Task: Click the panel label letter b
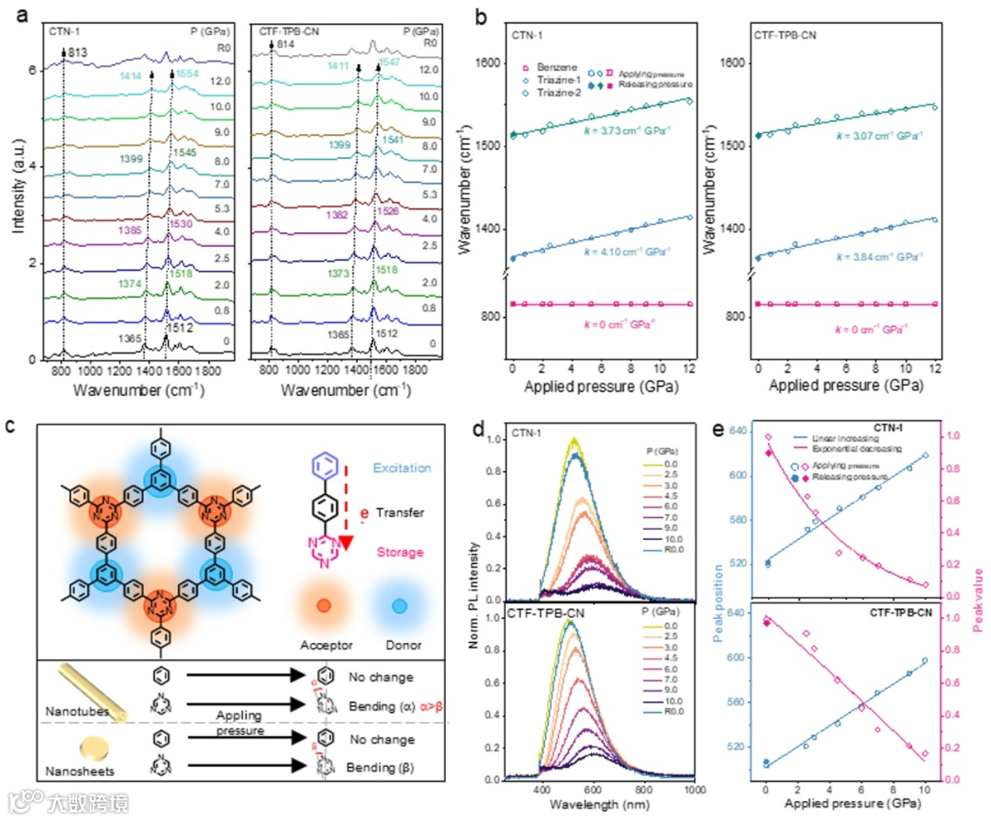pos(477,17)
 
